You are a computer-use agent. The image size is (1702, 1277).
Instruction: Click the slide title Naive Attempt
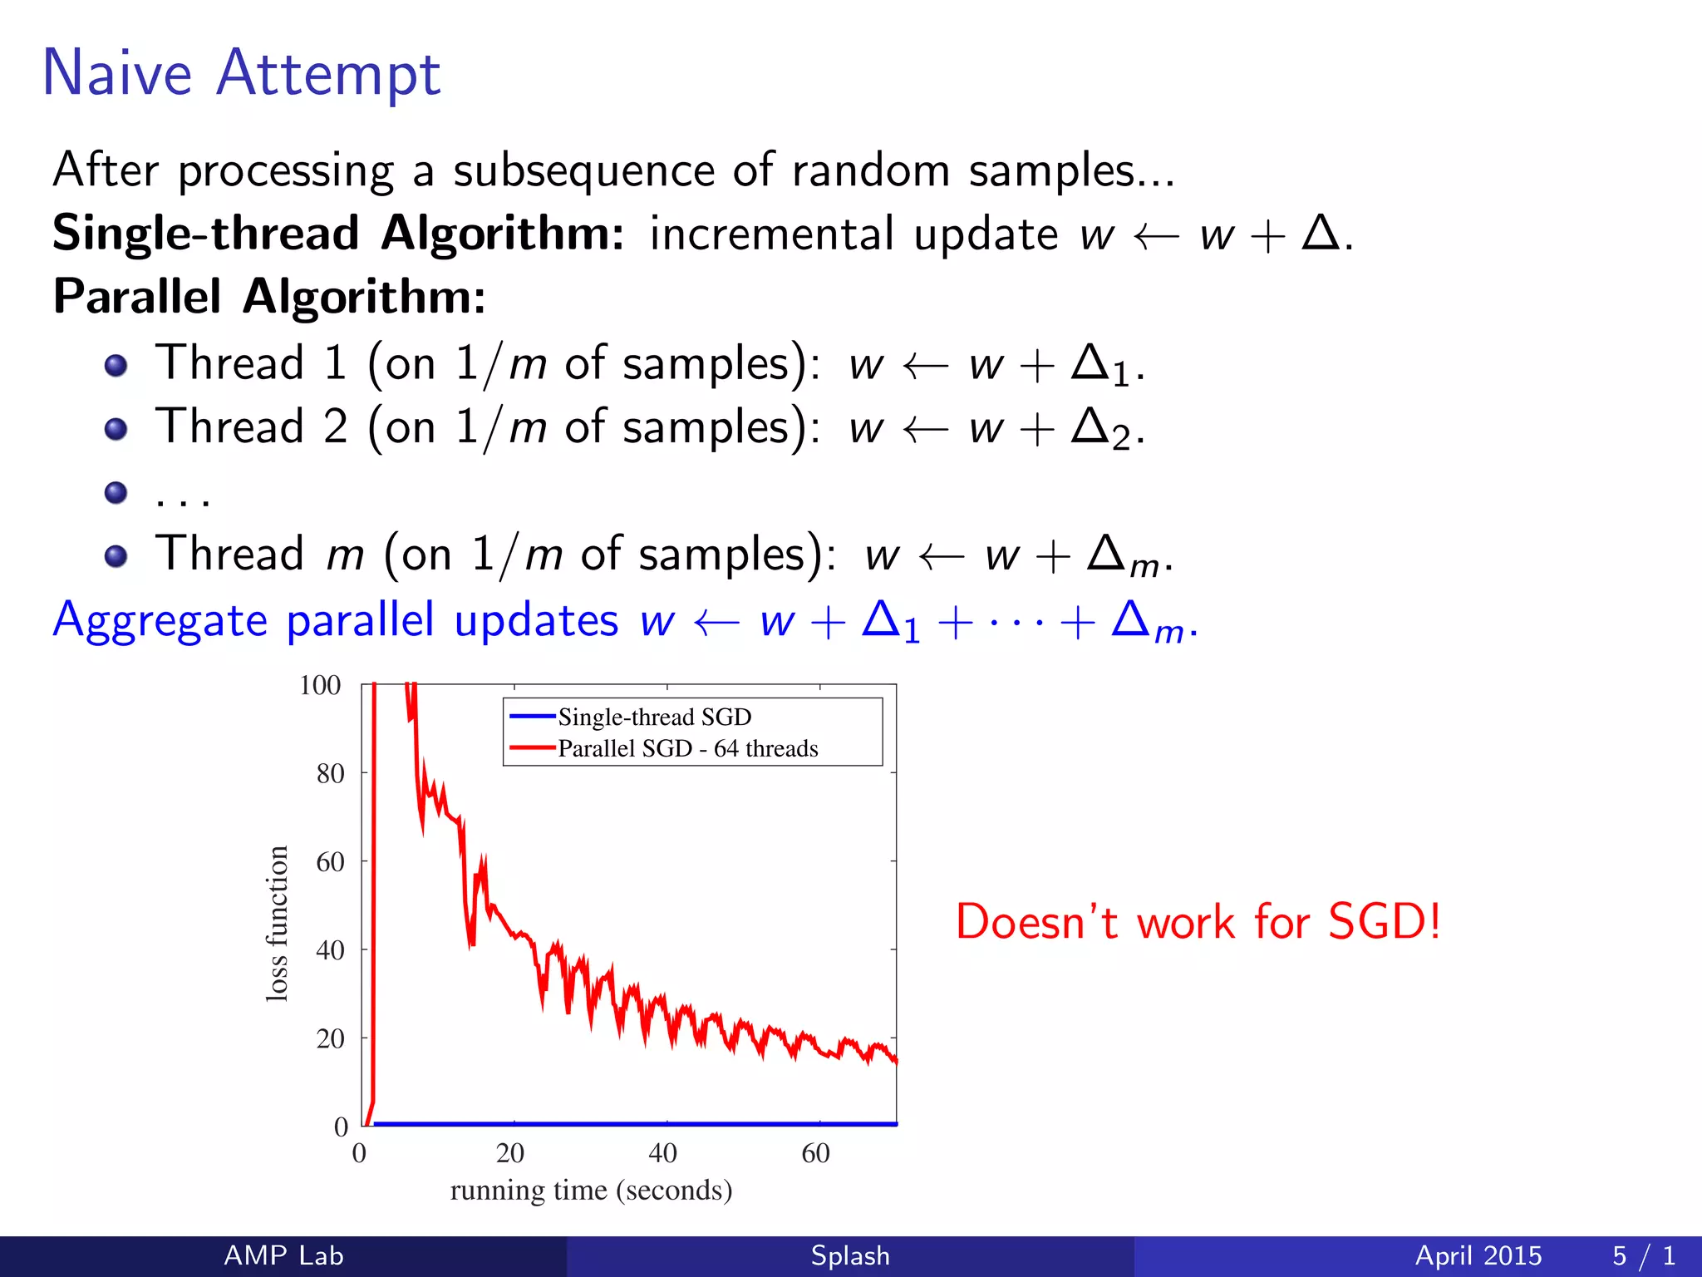(241, 73)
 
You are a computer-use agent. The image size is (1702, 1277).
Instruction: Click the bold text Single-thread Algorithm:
(337, 233)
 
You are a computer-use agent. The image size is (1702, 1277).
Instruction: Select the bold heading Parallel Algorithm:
(269, 296)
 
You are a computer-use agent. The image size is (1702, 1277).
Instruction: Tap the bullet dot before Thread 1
(116, 365)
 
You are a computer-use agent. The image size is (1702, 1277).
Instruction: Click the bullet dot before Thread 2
(116, 429)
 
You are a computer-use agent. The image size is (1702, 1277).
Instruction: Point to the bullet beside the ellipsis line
(116, 492)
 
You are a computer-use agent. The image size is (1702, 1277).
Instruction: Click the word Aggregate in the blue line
(160, 621)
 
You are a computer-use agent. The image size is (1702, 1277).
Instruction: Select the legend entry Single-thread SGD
(654, 717)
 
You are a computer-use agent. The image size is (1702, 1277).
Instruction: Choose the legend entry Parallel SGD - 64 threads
(687, 748)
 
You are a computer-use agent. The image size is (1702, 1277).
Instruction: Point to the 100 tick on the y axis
(320, 685)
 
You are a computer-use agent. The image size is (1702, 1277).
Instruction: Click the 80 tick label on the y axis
(330, 774)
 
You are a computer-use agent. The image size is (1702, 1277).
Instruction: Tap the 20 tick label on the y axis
(330, 1038)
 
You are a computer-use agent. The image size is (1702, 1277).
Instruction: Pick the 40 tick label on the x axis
(662, 1153)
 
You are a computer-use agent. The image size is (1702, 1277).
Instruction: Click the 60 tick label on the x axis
(815, 1153)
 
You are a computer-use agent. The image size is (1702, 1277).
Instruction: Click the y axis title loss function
(277, 924)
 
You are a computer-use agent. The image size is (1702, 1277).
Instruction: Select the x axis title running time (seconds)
(591, 1190)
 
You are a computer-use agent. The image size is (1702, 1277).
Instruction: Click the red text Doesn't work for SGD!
(1198, 922)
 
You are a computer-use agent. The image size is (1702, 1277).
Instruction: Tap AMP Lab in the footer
(283, 1255)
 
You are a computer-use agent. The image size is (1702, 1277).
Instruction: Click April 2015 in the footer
(1478, 1255)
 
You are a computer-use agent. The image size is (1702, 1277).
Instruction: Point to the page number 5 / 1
(1643, 1255)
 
